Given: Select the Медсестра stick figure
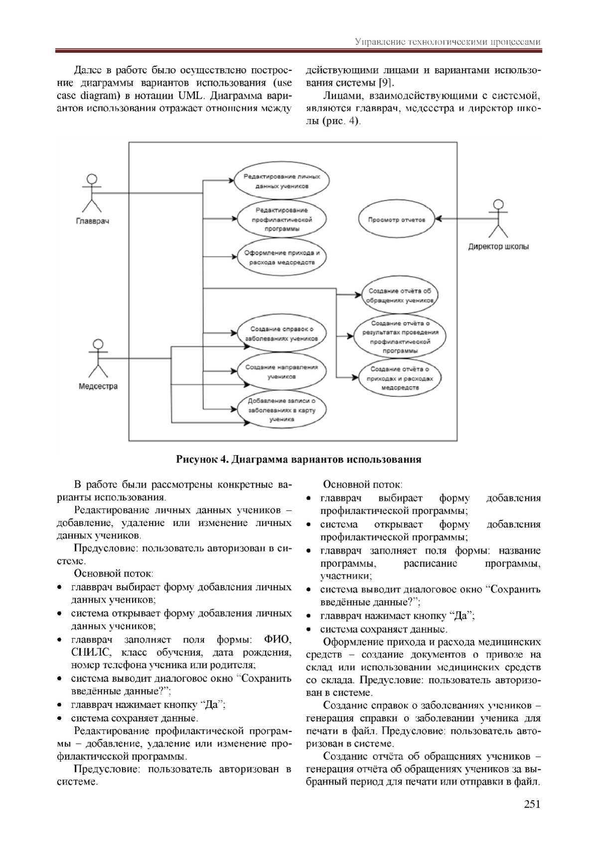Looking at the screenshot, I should pyautogui.click(x=98, y=358).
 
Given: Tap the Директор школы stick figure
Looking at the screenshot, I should pyautogui.click(x=497, y=218).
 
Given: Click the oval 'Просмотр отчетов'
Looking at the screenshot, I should pyautogui.click(x=397, y=219).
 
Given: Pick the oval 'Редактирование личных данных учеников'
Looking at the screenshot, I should pyautogui.click(x=282, y=181).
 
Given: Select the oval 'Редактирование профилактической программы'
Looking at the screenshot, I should pyautogui.click(x=282, y=219).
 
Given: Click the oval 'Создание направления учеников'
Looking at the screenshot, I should pyautogui.click(x=282, y=371).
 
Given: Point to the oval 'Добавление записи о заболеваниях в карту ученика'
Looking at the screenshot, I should pyautogui.click(x=282, y=410).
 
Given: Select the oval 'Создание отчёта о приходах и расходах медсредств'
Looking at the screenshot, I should pyautogui.click(x=400, y=378).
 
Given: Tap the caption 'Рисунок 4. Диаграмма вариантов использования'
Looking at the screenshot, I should pyautogui.click(x=299, y=460).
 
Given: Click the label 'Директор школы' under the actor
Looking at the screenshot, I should pyautogui.click(x=498, y=246).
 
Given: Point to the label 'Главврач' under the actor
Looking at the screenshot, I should pyautogui.click(x=92, y=221).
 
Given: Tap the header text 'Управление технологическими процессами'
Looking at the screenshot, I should pyautogui.click(x=448, y=42).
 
